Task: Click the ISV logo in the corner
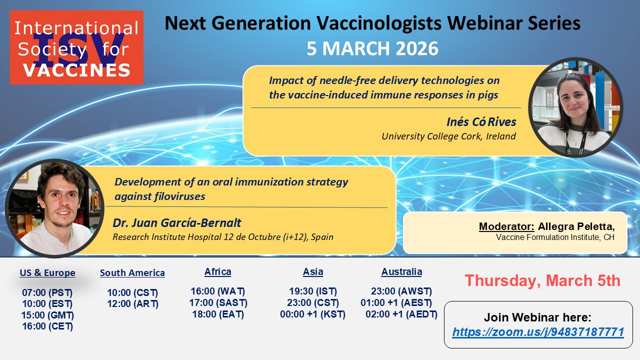tap(76, 47)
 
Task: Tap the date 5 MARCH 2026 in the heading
tap(372, 48)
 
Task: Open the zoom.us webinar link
tap(538, 332)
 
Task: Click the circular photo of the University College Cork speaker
tap(575, 107)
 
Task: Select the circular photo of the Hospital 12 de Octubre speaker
tap(54, 208)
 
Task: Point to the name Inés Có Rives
tap(481, 122)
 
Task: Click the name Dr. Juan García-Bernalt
tap(177, 223)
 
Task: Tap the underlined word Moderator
tap(506, 226)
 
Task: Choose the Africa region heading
tap(217, 271)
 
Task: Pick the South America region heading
tap(132, 273)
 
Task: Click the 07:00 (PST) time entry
tap(47, 292)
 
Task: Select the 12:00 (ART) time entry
tap(133, 303)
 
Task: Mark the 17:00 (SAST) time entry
tap(218, 302)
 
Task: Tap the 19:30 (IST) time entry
tap(313, 291)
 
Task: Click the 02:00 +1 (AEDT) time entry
tap(401, 314)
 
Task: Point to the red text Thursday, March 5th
tap(542, 280)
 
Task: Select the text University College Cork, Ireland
tap(448, 136)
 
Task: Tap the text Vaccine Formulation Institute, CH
tap(555, 237)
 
